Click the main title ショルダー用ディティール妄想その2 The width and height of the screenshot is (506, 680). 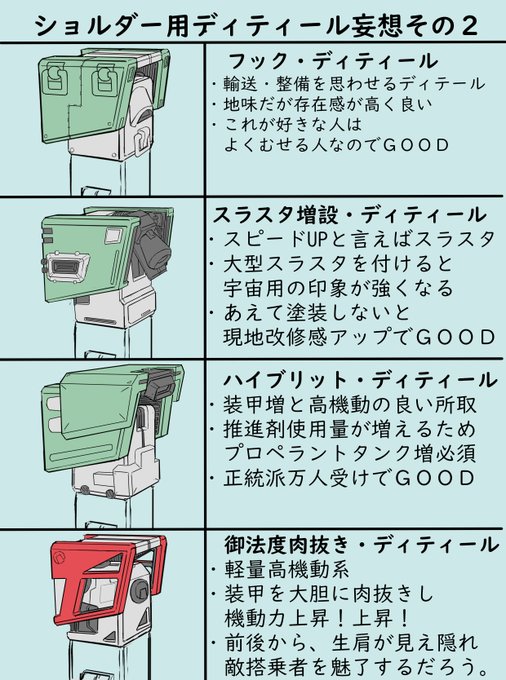tap(256, 26)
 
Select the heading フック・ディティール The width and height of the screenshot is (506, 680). tap(332, 61)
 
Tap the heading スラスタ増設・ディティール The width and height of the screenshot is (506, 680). tap(349, 215)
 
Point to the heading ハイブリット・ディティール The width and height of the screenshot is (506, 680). tap(360, 380)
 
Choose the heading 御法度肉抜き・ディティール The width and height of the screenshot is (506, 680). tap(362, 545)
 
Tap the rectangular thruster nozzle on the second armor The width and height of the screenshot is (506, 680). tap(68, 265)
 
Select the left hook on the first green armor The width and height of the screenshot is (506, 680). tap(55, 79)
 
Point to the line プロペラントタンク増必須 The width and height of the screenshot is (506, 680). tap(350, 453)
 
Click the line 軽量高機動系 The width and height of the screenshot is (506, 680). tap(287, 570)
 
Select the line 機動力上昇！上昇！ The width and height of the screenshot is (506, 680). tap(317, 618)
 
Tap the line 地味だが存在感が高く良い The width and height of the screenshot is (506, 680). tap(328, 104)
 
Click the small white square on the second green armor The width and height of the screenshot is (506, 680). tap(114, 235)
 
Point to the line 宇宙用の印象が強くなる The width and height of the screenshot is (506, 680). tap(338, 288)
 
